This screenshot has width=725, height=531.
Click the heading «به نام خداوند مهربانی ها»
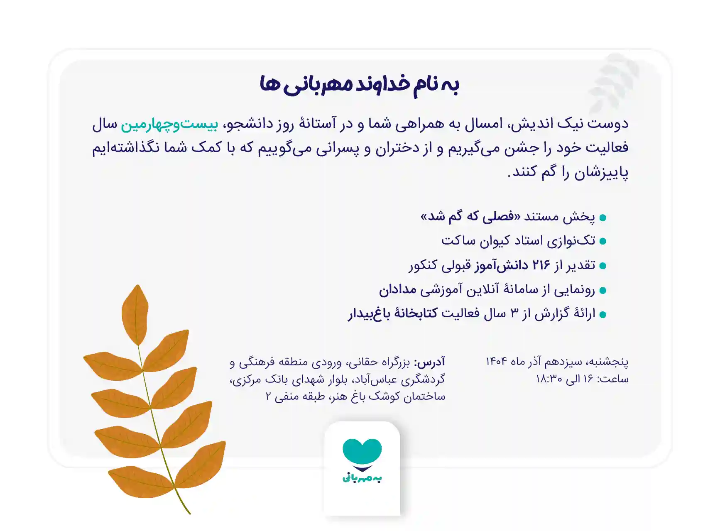(x=360, y=85)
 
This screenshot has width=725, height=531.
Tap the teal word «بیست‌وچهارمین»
(x=169, y=124)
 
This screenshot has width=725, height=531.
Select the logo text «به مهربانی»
(x=362, y=478)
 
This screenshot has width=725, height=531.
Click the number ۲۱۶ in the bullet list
(x=541, y=265)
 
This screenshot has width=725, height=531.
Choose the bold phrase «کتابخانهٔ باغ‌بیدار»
(x=393, y=313)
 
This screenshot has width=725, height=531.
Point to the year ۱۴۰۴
(x=496, y=362)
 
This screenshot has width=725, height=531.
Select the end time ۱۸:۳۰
(x=549, y=379)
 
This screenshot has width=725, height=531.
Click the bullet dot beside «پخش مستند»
(x=603, y=218)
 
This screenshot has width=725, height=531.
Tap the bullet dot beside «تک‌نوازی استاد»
(x=603, y=242)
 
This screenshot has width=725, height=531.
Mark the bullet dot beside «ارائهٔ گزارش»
(x=603, y=315)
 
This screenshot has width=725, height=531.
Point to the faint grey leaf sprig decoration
(x=614, y=83)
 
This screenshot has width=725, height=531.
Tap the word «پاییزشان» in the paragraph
(x=601, y=172)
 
